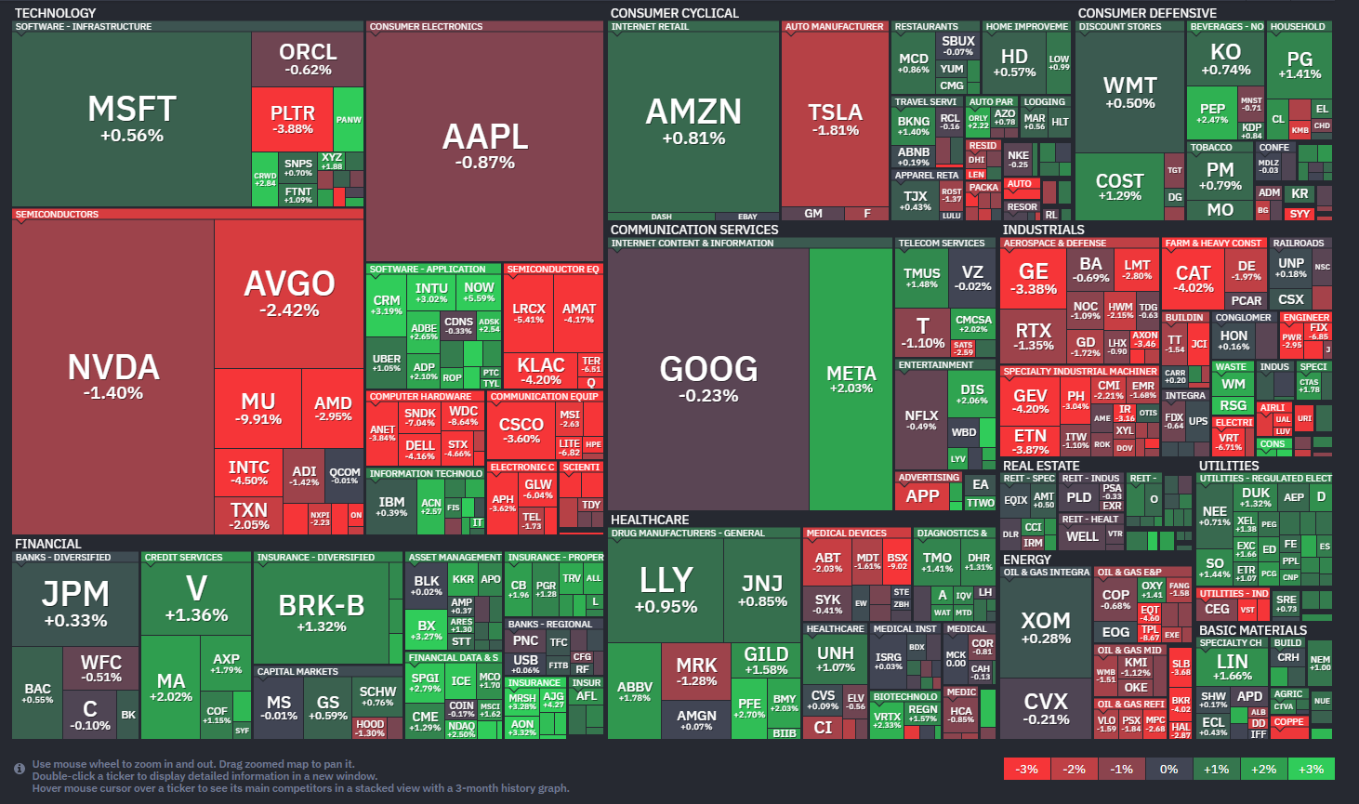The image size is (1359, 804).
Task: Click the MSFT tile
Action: (x=131, y=119)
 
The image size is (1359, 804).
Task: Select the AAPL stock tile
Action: (x=484, y=146)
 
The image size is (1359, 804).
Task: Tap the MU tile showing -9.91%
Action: (x=257, y=408)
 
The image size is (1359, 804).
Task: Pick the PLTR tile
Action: (x=292, y=119)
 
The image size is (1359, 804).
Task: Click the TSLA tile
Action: (x=835, y=119)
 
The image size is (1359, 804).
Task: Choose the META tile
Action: (x=851, y=378)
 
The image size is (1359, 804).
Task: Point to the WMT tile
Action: (x=1129, y=92)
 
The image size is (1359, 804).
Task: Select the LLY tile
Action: (x=666, y=589)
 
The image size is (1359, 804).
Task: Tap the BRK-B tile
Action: (x=321, y=613)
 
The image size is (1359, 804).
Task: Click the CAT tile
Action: (x=1194, y=278)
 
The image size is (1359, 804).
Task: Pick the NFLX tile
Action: (x=921, y=420)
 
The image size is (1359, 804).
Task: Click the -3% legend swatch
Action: (x=1026, y=769)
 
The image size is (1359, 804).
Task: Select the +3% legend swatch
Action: (x=1311, y=769)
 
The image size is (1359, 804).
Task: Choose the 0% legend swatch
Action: (x=1168, y=769)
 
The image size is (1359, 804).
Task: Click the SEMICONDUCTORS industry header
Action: (x=57, y=215)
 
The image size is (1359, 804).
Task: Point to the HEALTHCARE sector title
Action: (x=650, y=520)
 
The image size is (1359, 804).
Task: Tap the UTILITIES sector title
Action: (x=1228, y=466)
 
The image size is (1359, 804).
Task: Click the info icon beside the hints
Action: (x=19, y=769)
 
